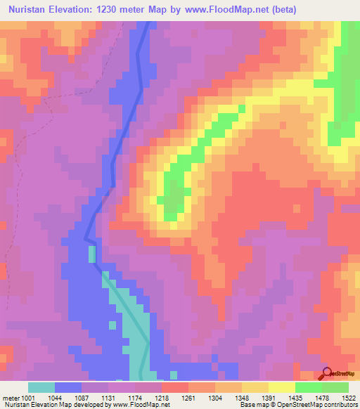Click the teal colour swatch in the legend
tap(41, 387)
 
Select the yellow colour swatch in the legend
tap(282, 387)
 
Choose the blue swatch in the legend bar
tap(68, 387)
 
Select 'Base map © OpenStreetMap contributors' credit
tap(298, 404)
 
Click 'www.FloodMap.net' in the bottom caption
tap(143, 404)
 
